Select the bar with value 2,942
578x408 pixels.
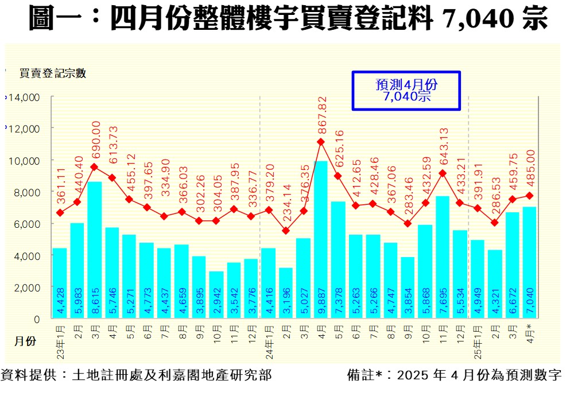[216, 295]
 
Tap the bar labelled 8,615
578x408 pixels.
[95, 250]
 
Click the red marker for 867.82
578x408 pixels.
[321, 142]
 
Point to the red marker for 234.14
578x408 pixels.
[286, 231]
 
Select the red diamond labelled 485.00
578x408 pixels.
[530, 196]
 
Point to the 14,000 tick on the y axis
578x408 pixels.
[24, 98]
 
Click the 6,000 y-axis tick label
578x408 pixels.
[26, 223]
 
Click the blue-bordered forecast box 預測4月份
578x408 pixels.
[406, 91]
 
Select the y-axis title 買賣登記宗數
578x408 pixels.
[52, 73]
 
